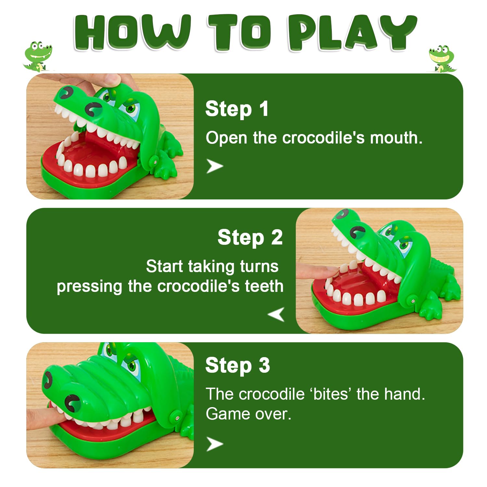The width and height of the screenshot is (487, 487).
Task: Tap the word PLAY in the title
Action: (352, 32)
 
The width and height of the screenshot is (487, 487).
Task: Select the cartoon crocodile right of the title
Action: (442, 59)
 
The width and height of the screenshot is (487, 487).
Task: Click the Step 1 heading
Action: (237, 108)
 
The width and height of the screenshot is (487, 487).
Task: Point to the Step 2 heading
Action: (250, 237)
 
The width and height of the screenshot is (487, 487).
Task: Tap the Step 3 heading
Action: (238, 365)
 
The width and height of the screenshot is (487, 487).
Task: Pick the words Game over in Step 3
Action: (248, 414)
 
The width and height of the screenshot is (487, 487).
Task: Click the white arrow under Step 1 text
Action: (215, 166)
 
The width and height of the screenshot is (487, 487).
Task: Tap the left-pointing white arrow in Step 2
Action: (276, 314)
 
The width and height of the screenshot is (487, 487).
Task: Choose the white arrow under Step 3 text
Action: (215, 444)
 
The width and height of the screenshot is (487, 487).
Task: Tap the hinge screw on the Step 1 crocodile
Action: (155, 161)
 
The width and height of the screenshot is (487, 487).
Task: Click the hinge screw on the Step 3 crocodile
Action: (177, 417)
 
